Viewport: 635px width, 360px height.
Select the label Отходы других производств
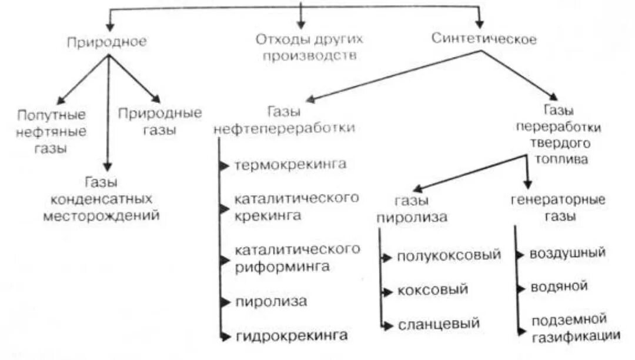click(309, 48)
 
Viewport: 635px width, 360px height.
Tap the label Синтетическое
click(484, 39)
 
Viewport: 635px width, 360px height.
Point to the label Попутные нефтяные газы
click(51, 131)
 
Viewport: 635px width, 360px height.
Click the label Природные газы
click(160, 121)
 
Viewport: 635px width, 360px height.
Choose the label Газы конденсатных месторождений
click(101, 199)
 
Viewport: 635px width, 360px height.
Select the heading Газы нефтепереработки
click(285, 120)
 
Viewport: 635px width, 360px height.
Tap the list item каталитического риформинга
click(297, 258)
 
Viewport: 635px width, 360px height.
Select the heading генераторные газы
click(558, 208)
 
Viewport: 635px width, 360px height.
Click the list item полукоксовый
click(449, 255)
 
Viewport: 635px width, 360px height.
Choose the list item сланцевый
click(439, 324)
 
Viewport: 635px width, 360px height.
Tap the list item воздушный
click(567, 254)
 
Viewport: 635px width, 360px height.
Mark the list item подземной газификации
click(576, 328)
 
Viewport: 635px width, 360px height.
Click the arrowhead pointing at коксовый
click(386, 291)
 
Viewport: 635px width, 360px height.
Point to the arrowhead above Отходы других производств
click(301, 25)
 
